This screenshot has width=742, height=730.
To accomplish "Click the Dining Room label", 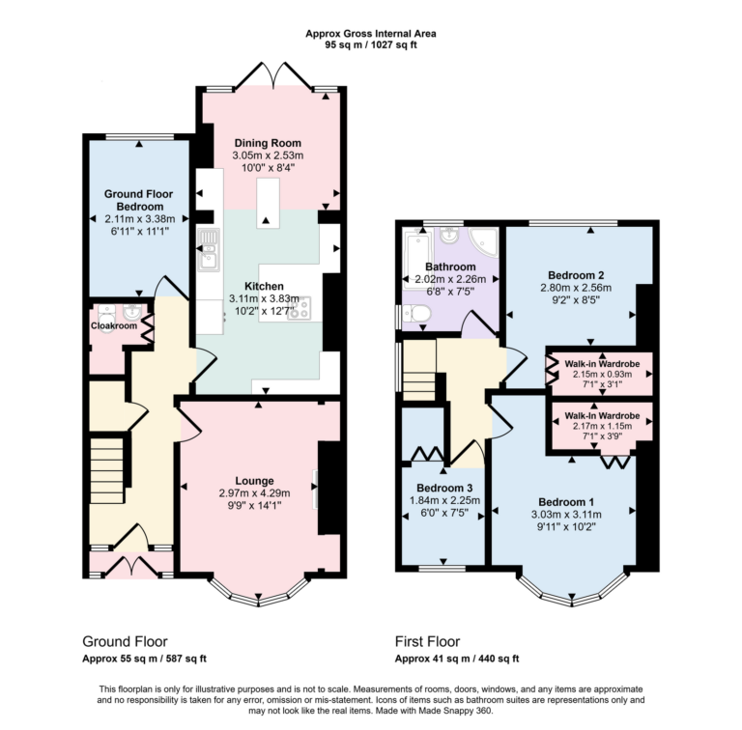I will (x=267, y=143).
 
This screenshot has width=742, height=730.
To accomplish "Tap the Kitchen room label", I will (x=264, y=287).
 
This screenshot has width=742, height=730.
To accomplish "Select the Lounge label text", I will (x=254, y=480).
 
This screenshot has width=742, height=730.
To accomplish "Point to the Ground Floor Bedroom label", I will (x=138, y=200).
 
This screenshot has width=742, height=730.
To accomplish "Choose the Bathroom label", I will (x=450, y=267).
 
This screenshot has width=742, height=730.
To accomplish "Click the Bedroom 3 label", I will (x=443, y=488).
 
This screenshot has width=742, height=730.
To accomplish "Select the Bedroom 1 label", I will (x=566, y=502).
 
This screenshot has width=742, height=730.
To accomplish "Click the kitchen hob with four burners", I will (x=299, y=308).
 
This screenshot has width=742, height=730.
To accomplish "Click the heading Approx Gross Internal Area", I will (x=370, y=34).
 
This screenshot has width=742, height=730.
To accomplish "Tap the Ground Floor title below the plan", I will (x=125, y=641).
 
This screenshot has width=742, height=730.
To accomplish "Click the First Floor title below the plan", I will (x=427, y=641).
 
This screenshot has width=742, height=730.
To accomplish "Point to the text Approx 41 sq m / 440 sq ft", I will (x=457, y=659).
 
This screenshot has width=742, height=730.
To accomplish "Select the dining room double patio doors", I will (x=271, y=76).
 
